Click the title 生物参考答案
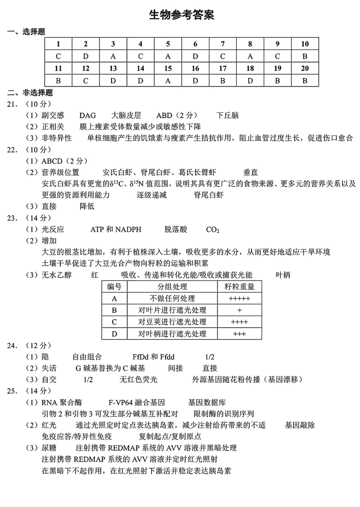click(x=181, y=15)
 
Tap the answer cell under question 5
click(x=168, y=56)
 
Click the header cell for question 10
click(x=305, y=44)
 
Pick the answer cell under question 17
click(x=222, y=81)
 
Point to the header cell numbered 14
click(x=140, y=68)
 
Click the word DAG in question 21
click(x=87, y=115)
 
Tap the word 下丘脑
click(x=227, y=115)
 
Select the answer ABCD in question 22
click(x=53, y=161)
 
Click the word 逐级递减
click(x=152, y=195)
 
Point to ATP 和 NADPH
click(x=116, y=230)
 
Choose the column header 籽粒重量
click(x=239, y=287)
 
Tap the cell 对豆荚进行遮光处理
click(x=172, y=322)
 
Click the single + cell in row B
click(x=239, y=310)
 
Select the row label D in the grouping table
click(x=114, y=334)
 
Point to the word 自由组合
click(x=87, y=357)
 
